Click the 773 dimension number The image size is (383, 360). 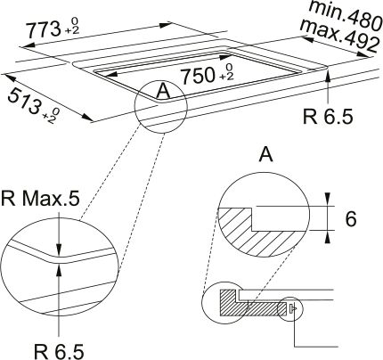click(44, 30)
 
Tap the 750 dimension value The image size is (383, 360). click(199, 76)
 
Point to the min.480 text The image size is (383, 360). click(346, 15)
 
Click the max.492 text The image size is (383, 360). click(339, 36)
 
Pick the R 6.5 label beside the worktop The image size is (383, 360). click(328, 117)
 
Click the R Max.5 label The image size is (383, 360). click(40, 199)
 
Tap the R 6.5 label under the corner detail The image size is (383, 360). click(59, 352)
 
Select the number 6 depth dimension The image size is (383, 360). click(351, 219)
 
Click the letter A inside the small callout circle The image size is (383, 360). click(163, 91)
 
